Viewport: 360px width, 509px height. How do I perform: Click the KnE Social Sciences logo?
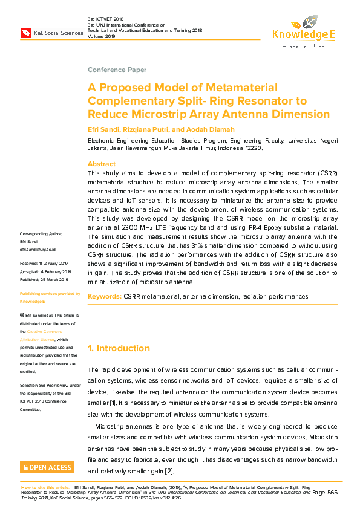51,33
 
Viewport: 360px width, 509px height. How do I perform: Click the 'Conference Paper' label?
117,70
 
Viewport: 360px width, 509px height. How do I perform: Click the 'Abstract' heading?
102,164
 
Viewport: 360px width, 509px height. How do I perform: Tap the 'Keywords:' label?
105,297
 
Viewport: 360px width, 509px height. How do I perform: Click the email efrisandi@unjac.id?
38,249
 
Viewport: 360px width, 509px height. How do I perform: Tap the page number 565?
333,493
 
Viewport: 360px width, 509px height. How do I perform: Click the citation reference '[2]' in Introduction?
169,471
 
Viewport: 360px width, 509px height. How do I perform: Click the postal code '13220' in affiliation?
252,148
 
